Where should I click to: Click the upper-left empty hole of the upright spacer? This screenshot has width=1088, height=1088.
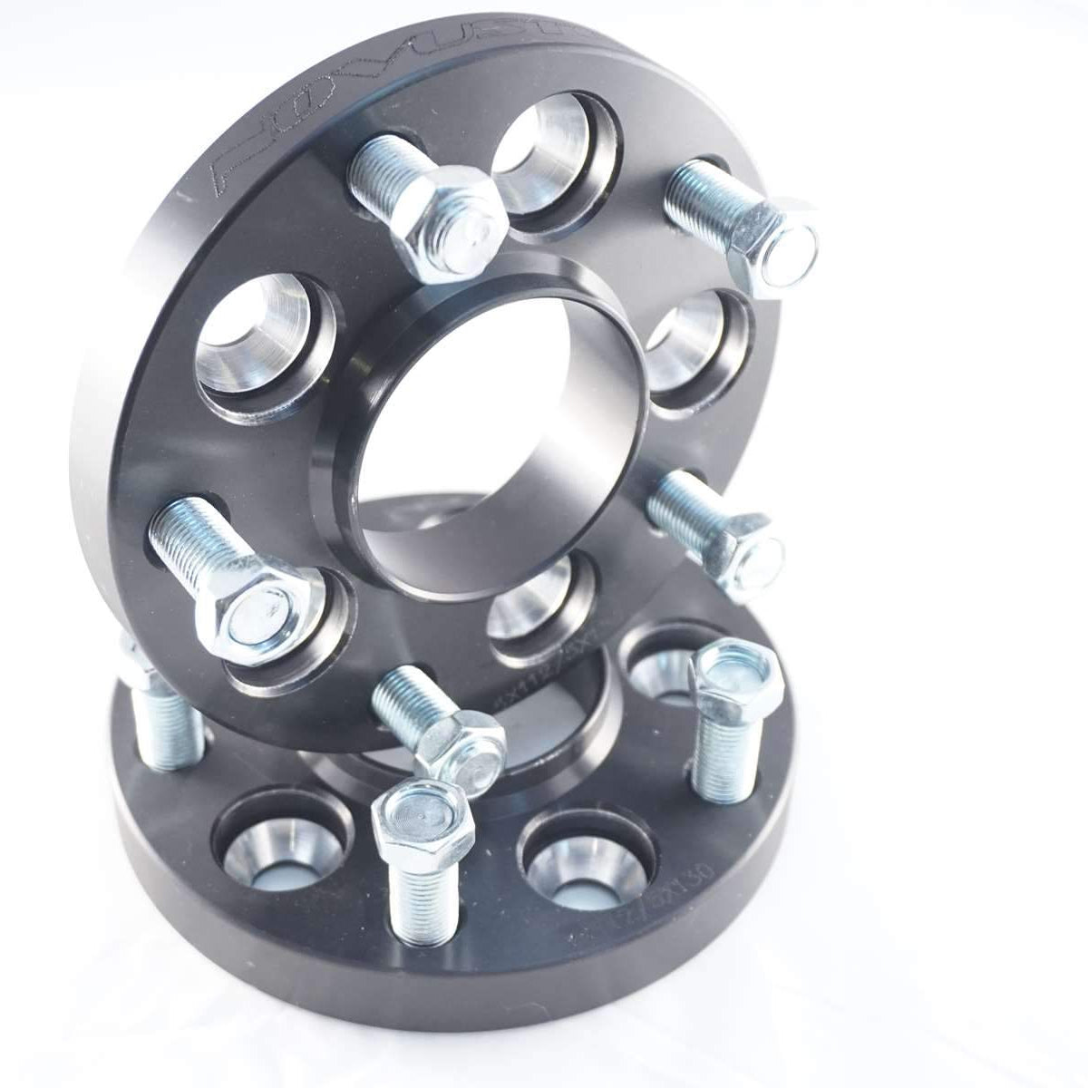point(254,335)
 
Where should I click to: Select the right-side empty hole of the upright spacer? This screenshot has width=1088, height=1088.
point(694,345)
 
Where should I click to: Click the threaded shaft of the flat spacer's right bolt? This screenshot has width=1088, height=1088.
point(721,753)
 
